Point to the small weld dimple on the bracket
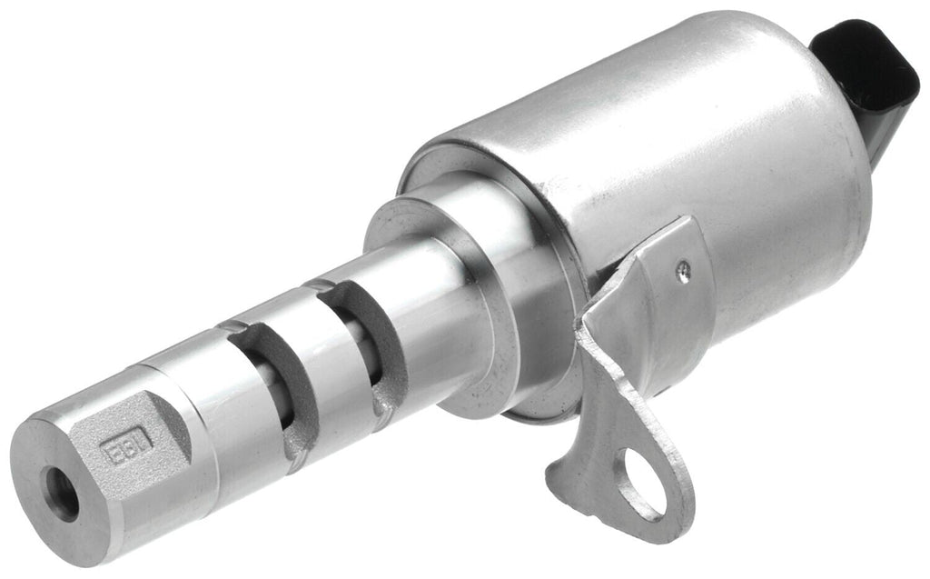coord(682,267)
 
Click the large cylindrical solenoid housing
coord(690,155)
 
